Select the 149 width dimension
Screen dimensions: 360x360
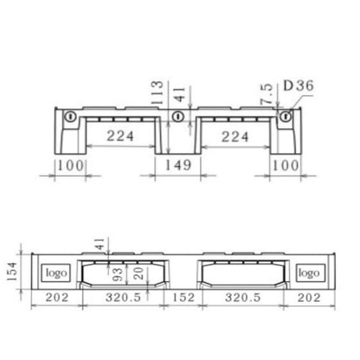point(179,164)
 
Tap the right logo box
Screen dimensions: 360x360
point(309,273)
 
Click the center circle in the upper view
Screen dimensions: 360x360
point(178,117)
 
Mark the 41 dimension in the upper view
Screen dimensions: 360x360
point(178,93)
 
